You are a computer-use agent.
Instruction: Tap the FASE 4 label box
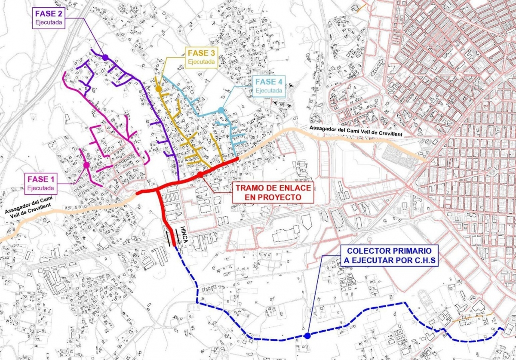(269, 86)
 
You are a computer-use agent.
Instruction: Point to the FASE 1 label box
(41, 183)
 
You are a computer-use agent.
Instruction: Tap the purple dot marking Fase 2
(105, 57)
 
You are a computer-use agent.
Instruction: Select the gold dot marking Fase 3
(158, 89)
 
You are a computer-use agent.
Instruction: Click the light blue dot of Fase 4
(221, 110)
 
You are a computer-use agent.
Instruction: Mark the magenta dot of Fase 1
(86, 165)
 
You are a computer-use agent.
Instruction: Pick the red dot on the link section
(200, 174)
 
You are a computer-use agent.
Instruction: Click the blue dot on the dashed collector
(307, 336)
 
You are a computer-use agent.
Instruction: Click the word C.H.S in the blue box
(424, 260)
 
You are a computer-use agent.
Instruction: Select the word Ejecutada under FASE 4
(269, 91)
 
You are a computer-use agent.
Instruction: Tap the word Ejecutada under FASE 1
(41, 188)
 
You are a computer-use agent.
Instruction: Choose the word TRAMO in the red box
(250, 188)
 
